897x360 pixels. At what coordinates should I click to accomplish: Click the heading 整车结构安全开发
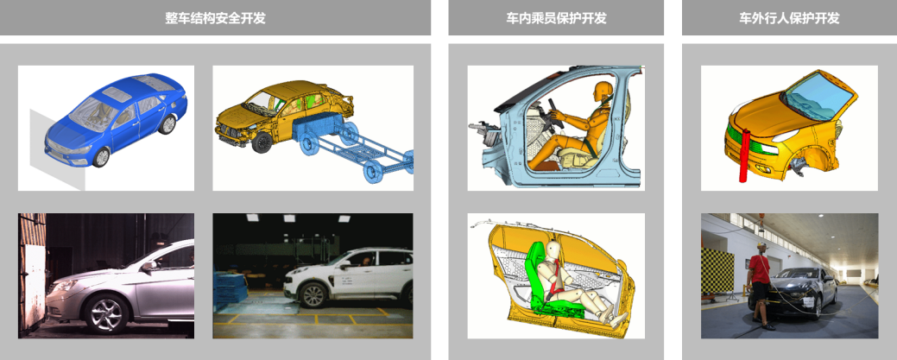point(215,18)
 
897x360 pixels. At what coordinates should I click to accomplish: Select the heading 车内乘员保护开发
point(556,18)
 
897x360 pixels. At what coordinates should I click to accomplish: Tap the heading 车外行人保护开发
point(789,18)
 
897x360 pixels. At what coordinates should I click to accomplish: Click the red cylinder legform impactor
point(744,155)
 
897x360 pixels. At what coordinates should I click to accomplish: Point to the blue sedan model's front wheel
point(101,157)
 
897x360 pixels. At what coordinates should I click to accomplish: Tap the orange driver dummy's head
point(603,92)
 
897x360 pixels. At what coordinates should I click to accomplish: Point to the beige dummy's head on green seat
point(554,249)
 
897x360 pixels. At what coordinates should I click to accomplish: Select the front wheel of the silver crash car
point(106,313)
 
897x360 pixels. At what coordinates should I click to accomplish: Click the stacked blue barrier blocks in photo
point(230,289)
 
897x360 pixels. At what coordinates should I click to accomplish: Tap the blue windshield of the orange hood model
point(818,94)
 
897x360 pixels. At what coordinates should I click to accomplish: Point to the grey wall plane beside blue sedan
point(58,148)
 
